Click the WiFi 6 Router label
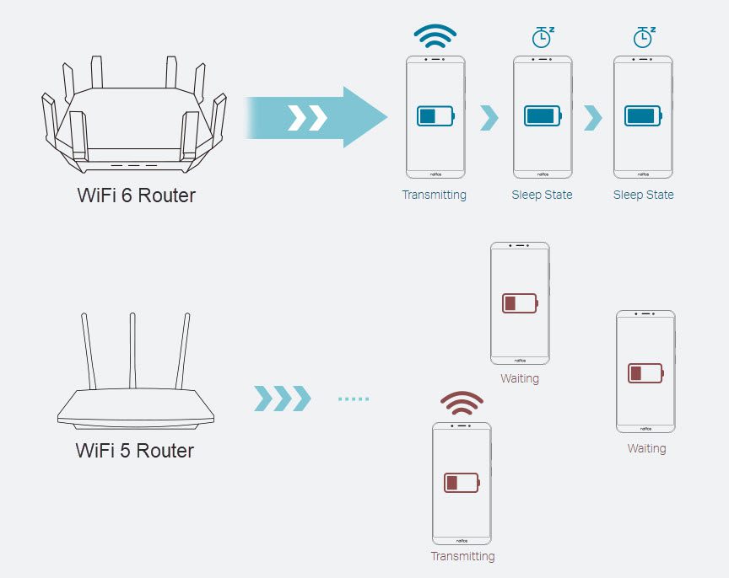tap(136, 195)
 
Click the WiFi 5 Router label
tap(135, 450)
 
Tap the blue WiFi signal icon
tap(435, 35)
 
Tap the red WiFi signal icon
tap(462, 404)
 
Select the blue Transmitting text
tap(434, 195)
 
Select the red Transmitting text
tap(462, 556)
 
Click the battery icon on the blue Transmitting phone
tap(435, 115)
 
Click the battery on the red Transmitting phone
tap(462, 483)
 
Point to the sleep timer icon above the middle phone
tap(543, 37)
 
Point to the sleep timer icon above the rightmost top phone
tap(644, 37)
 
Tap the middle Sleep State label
tap(542, 195)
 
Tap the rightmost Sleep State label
tap(643, 195)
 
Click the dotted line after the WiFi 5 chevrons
tap(354, 399)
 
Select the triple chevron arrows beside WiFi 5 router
tap(283, 399)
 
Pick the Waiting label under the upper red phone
tap(520, 378)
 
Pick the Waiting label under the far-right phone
tap(646, 448)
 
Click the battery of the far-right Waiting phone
tap(645, 372)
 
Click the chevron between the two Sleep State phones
tap(593, 118)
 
